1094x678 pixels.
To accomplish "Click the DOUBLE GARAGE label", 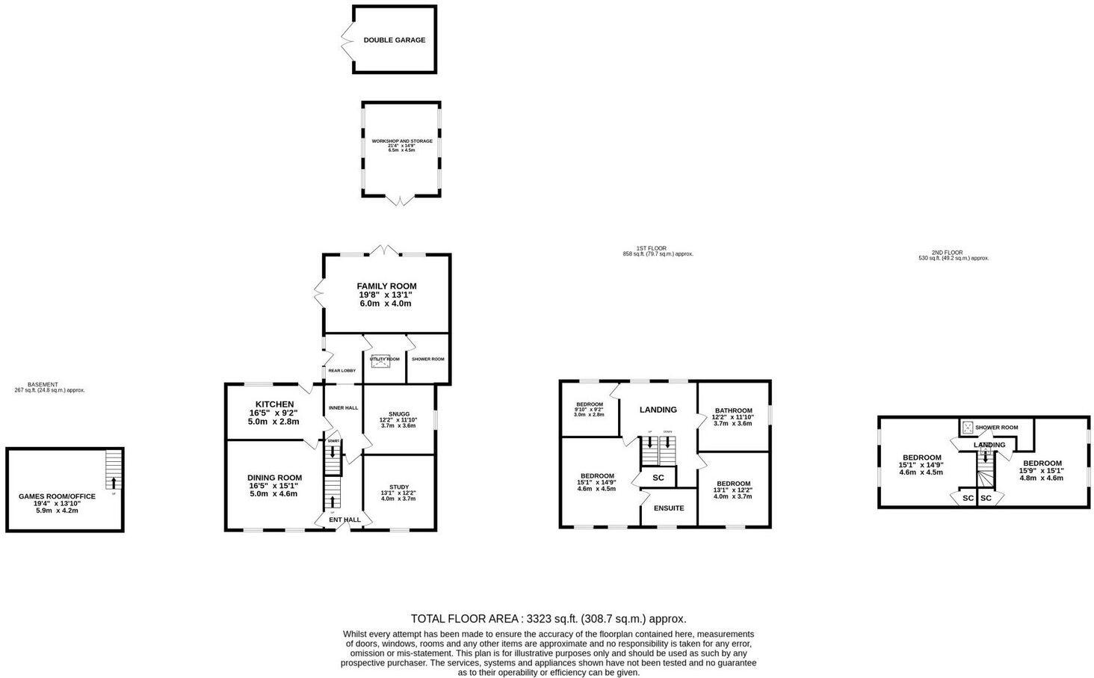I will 394,40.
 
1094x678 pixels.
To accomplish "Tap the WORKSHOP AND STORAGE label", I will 402,141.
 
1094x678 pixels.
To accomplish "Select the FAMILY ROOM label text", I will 386,286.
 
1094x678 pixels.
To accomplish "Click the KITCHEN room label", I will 274,404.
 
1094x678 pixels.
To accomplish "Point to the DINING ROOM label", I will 274,478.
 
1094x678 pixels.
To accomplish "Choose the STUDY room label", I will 399,487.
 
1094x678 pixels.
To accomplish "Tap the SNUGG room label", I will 399,413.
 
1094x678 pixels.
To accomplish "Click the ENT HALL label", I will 344,520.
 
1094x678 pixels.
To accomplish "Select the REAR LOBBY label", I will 342,370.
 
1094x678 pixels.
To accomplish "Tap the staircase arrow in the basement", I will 113,482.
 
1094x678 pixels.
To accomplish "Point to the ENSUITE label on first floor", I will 669,508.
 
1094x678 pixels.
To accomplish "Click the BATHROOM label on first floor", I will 733,410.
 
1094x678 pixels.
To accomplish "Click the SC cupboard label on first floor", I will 658,477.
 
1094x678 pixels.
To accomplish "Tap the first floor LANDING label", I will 658,410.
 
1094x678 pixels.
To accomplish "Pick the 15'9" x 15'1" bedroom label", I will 1042,463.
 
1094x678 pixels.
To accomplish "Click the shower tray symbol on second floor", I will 968,428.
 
